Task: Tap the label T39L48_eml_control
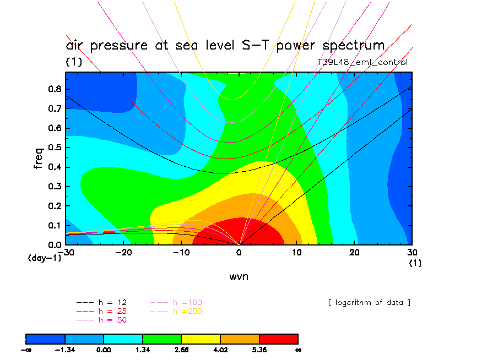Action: tap(362, 62)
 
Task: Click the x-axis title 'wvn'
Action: tap(239, 276)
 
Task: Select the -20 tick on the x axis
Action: tap(123, 252)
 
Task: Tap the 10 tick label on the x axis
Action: tap(297, 252)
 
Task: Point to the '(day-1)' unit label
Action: tap(45, 258)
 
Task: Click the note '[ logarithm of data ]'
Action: tap(369, 302)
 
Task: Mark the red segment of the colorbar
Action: tap(279, 339)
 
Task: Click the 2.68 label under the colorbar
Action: tap(182, 349)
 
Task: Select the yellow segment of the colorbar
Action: tap(201, 339)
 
